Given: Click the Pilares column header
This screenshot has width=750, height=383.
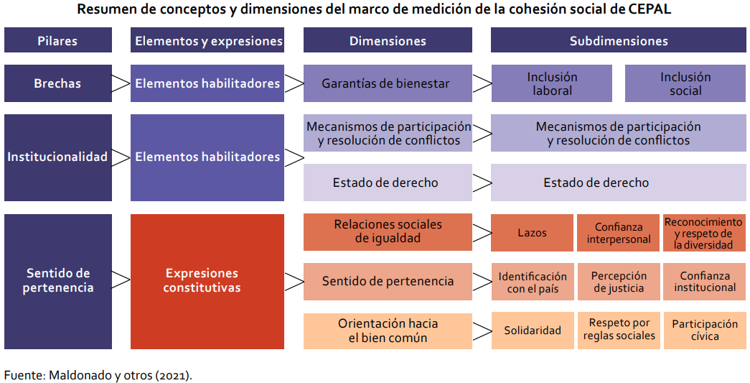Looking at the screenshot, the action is pos(58,40).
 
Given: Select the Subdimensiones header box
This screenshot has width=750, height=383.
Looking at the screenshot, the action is pos(619,40).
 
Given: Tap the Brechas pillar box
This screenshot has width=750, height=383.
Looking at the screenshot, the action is pos(58,83).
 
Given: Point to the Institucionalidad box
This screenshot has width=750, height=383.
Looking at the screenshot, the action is pos(58,157).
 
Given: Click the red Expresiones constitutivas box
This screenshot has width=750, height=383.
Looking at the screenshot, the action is pos(207,281).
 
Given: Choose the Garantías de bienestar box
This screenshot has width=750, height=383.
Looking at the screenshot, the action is pos(388,83).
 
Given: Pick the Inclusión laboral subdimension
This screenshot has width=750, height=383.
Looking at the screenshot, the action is pos(551,83).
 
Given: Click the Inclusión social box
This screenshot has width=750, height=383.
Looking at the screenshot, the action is pos(685,83).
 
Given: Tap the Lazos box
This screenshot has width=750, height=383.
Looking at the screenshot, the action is pos(532,233).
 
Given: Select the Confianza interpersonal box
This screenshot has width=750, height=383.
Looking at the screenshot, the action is pos(619,233).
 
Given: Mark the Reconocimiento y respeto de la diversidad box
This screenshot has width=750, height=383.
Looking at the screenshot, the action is pos(705,233).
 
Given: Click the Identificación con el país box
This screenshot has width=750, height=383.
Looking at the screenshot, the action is pos(533,282).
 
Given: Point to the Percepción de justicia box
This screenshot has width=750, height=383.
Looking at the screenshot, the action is pos(619,282).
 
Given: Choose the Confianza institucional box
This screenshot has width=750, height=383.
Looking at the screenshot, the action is pos(705,282).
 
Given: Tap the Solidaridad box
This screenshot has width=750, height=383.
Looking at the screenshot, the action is pos(533,331).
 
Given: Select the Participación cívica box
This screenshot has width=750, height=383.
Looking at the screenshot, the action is pos(705,331).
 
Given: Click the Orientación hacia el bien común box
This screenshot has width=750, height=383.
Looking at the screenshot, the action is pos(388,331).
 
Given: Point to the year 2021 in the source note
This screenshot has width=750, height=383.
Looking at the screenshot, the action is pos(173,375).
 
